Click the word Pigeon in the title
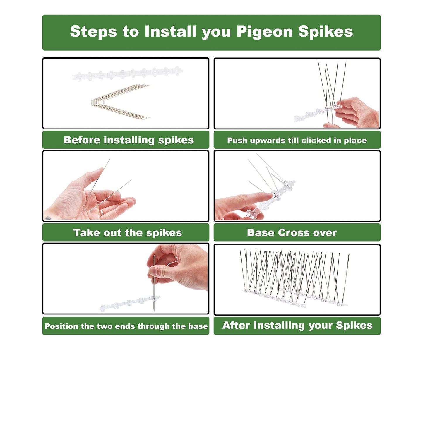coord(264,32)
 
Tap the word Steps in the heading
coord(93,32)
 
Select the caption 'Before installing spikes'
coord(129,140)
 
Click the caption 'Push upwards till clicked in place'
coord(297,141)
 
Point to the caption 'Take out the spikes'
coord(127,233)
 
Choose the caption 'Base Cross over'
coord(292,233)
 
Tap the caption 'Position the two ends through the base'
coord(126,326)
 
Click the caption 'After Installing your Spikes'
coord(297,326)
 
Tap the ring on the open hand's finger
coord(101,212)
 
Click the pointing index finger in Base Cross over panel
coord(249,199)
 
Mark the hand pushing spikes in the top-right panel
coord(357,113)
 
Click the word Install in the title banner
coord(170,32)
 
